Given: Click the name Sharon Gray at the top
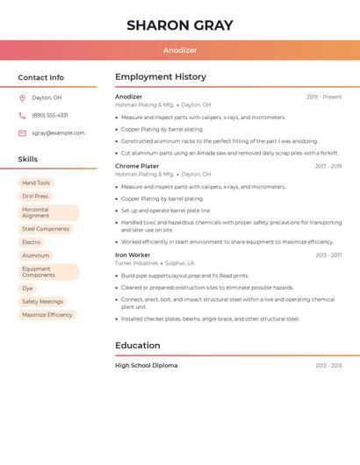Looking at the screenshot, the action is pos(180,25).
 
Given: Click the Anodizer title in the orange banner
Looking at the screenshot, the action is pos(180,51).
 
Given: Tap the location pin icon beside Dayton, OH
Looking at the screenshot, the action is pos(22,97).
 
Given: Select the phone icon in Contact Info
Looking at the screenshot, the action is pos(22,115).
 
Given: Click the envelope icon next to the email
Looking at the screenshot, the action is pos(22,133).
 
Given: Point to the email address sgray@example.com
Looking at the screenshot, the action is pos(58,133).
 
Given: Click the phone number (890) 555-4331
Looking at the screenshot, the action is pos(50,115).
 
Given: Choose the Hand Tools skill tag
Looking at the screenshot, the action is pos(36,183).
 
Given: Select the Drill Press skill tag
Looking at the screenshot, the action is pos(35,197).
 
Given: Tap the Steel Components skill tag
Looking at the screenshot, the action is pos(46,229).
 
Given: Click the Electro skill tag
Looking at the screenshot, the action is pos(32,242).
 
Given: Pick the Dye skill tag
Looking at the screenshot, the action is pos(27,288).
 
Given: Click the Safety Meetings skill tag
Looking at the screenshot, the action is pos(42,301).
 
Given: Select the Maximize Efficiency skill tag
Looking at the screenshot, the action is pos(47,315).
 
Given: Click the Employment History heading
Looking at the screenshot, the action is pos(161,77).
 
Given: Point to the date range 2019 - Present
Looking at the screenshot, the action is pos(324,97).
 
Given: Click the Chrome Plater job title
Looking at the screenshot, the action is pos(137,166).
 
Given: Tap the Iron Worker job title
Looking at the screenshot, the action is pos(133,255).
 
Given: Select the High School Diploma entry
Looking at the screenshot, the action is pos(146,365).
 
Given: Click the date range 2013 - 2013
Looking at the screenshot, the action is pos(328,366).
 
